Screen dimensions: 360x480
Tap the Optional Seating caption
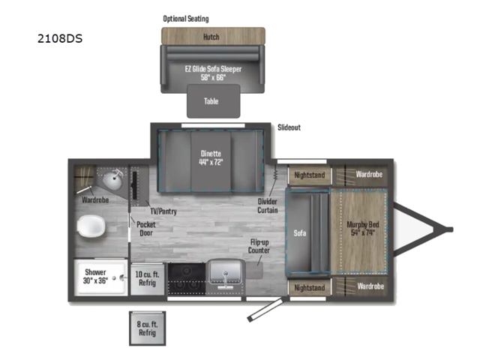click(x=186, y=18)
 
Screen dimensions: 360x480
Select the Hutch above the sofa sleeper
click(x=213, y=36)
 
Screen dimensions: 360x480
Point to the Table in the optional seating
click(x=213, y=101)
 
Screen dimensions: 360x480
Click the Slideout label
click(x=289, y=127)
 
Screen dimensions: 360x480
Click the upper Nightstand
click(x=310, y=174)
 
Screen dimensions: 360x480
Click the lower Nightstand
click(x=310, y=288)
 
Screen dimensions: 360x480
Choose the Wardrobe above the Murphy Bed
click(x=369, y=174)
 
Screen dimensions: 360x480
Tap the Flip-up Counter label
click(x=259, y=247)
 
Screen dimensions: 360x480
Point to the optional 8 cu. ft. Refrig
click(x=148, y=328)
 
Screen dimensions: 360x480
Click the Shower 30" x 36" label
click(x=95, y=275)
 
